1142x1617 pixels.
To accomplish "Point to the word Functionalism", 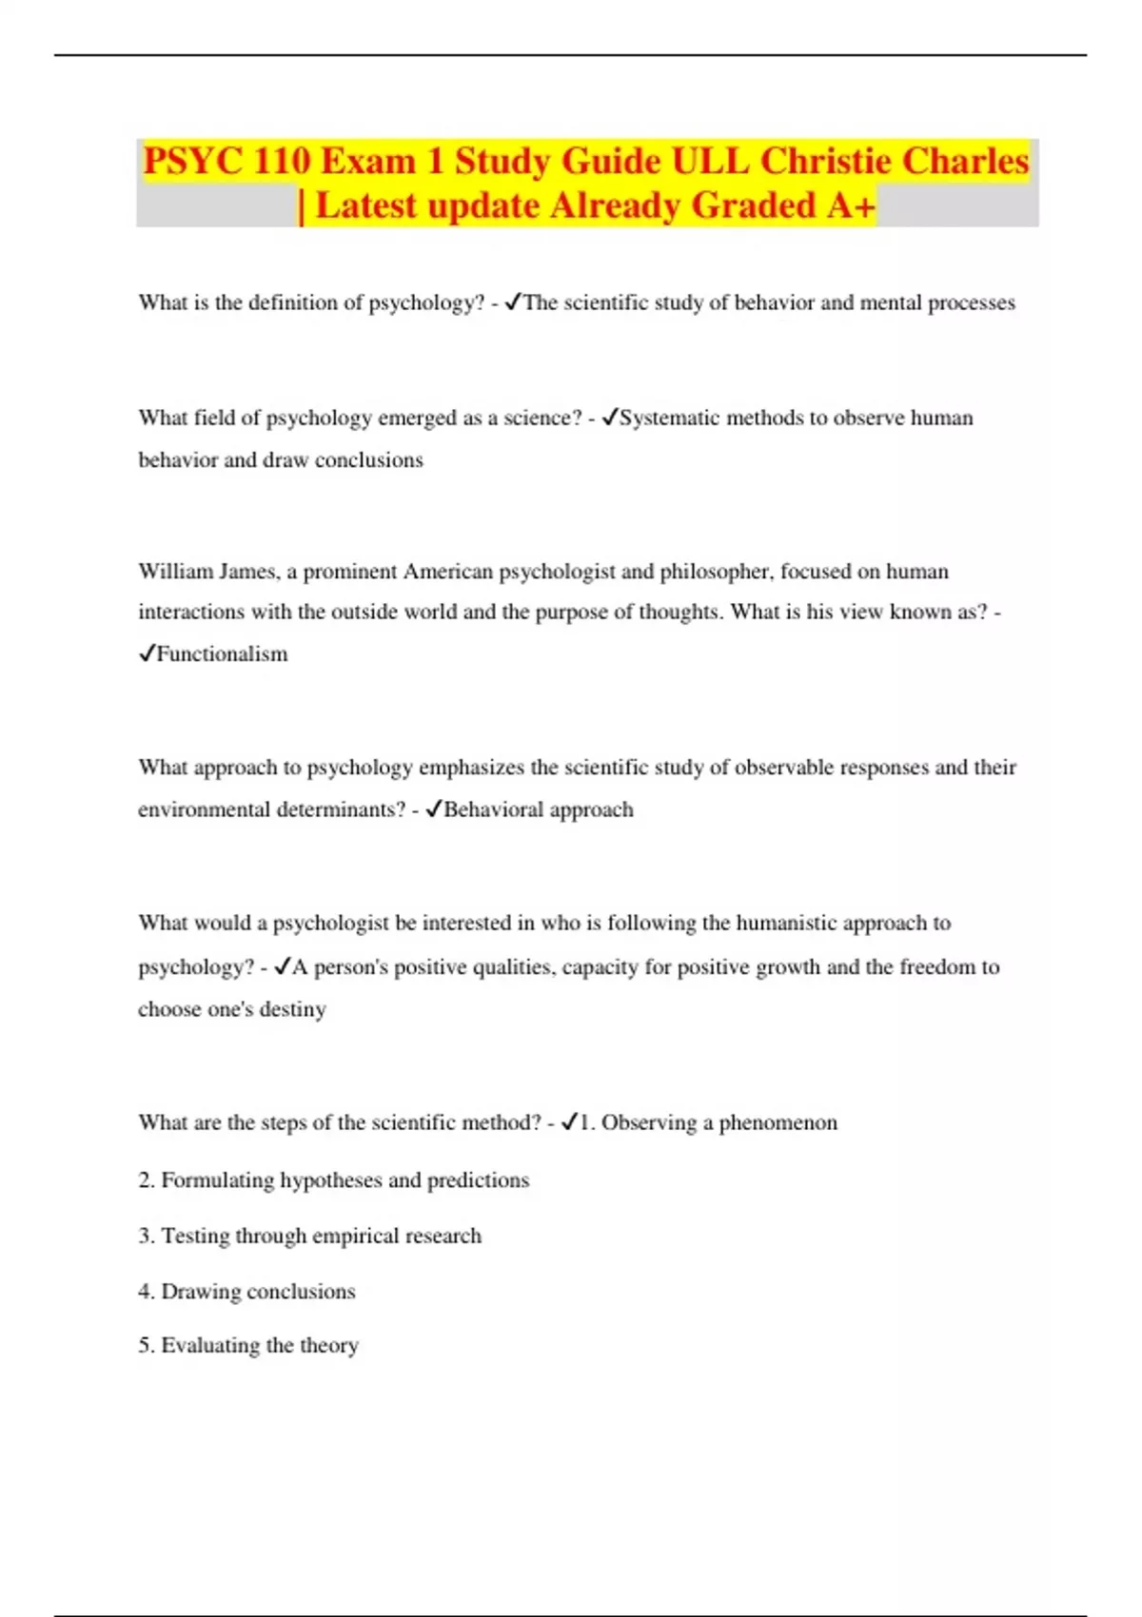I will click(222, 654).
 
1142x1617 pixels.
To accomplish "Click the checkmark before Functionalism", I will click(147, 653).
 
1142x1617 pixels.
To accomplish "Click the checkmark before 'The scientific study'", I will click(512, 302).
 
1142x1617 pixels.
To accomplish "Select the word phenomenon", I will click(778, 1123).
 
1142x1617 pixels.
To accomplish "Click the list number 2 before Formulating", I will click(145, 1180).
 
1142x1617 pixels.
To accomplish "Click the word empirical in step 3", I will click(355, 1237).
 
